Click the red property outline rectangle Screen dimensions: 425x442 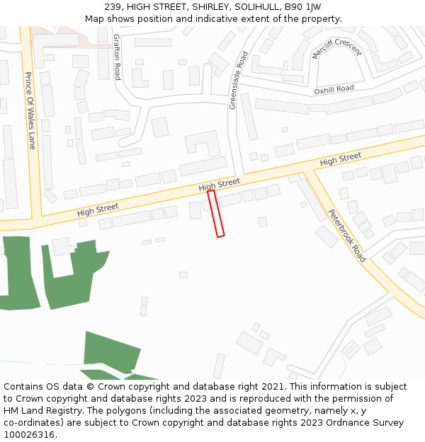click(216, 213)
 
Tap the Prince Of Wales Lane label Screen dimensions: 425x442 click(30, 110)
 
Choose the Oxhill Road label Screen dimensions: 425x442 click(334, 89)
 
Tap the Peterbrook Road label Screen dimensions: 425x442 click(347, 235)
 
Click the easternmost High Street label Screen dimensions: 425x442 click(341, 159)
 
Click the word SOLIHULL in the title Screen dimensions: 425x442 click(251, 7)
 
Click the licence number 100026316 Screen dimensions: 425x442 click(29, 435)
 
